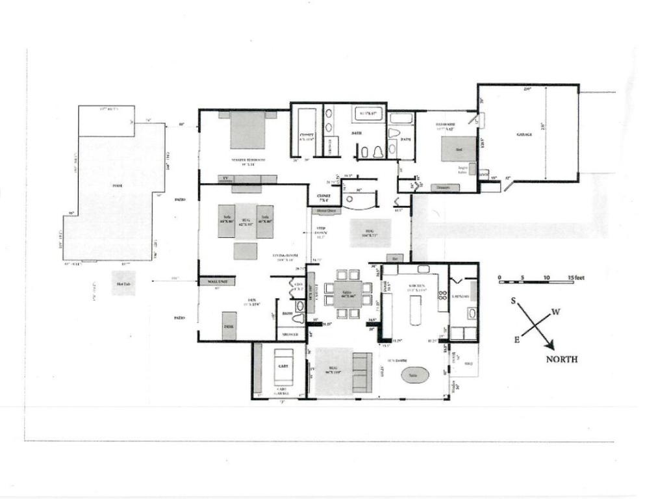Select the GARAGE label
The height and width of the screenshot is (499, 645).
point(524,134)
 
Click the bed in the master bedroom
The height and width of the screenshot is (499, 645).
point(247,129)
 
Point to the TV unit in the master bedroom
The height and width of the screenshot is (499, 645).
point(225,177)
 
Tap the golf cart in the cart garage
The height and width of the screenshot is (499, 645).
point(283,367)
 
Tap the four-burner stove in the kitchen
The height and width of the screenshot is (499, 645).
point(442,294)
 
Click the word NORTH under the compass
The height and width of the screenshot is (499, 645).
point(562,359)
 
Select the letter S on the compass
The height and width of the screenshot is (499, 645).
point(513,301)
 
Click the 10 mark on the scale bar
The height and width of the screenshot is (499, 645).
point(546,278)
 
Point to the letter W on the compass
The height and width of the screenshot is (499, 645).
point(556,312)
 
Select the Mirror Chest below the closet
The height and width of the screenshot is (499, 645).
point(326,211)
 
